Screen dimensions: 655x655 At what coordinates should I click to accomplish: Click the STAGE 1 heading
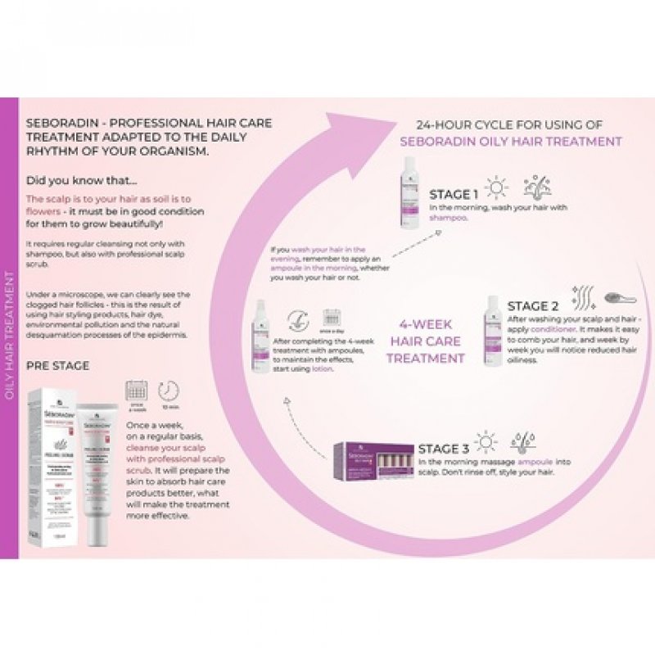tap(454, 195)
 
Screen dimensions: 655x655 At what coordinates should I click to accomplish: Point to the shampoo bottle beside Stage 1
tap(409, 192)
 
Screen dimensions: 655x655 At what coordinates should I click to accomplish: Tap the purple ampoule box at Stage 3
tap(373, 461)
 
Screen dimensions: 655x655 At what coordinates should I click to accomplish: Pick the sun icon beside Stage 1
tap(496, 187)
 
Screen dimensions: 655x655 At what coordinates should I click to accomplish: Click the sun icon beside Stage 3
tap(486, 442)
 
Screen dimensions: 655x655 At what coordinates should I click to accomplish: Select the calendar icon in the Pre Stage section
tap(135, 391)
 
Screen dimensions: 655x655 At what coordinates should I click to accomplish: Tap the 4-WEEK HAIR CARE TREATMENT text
tap(425, 340)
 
